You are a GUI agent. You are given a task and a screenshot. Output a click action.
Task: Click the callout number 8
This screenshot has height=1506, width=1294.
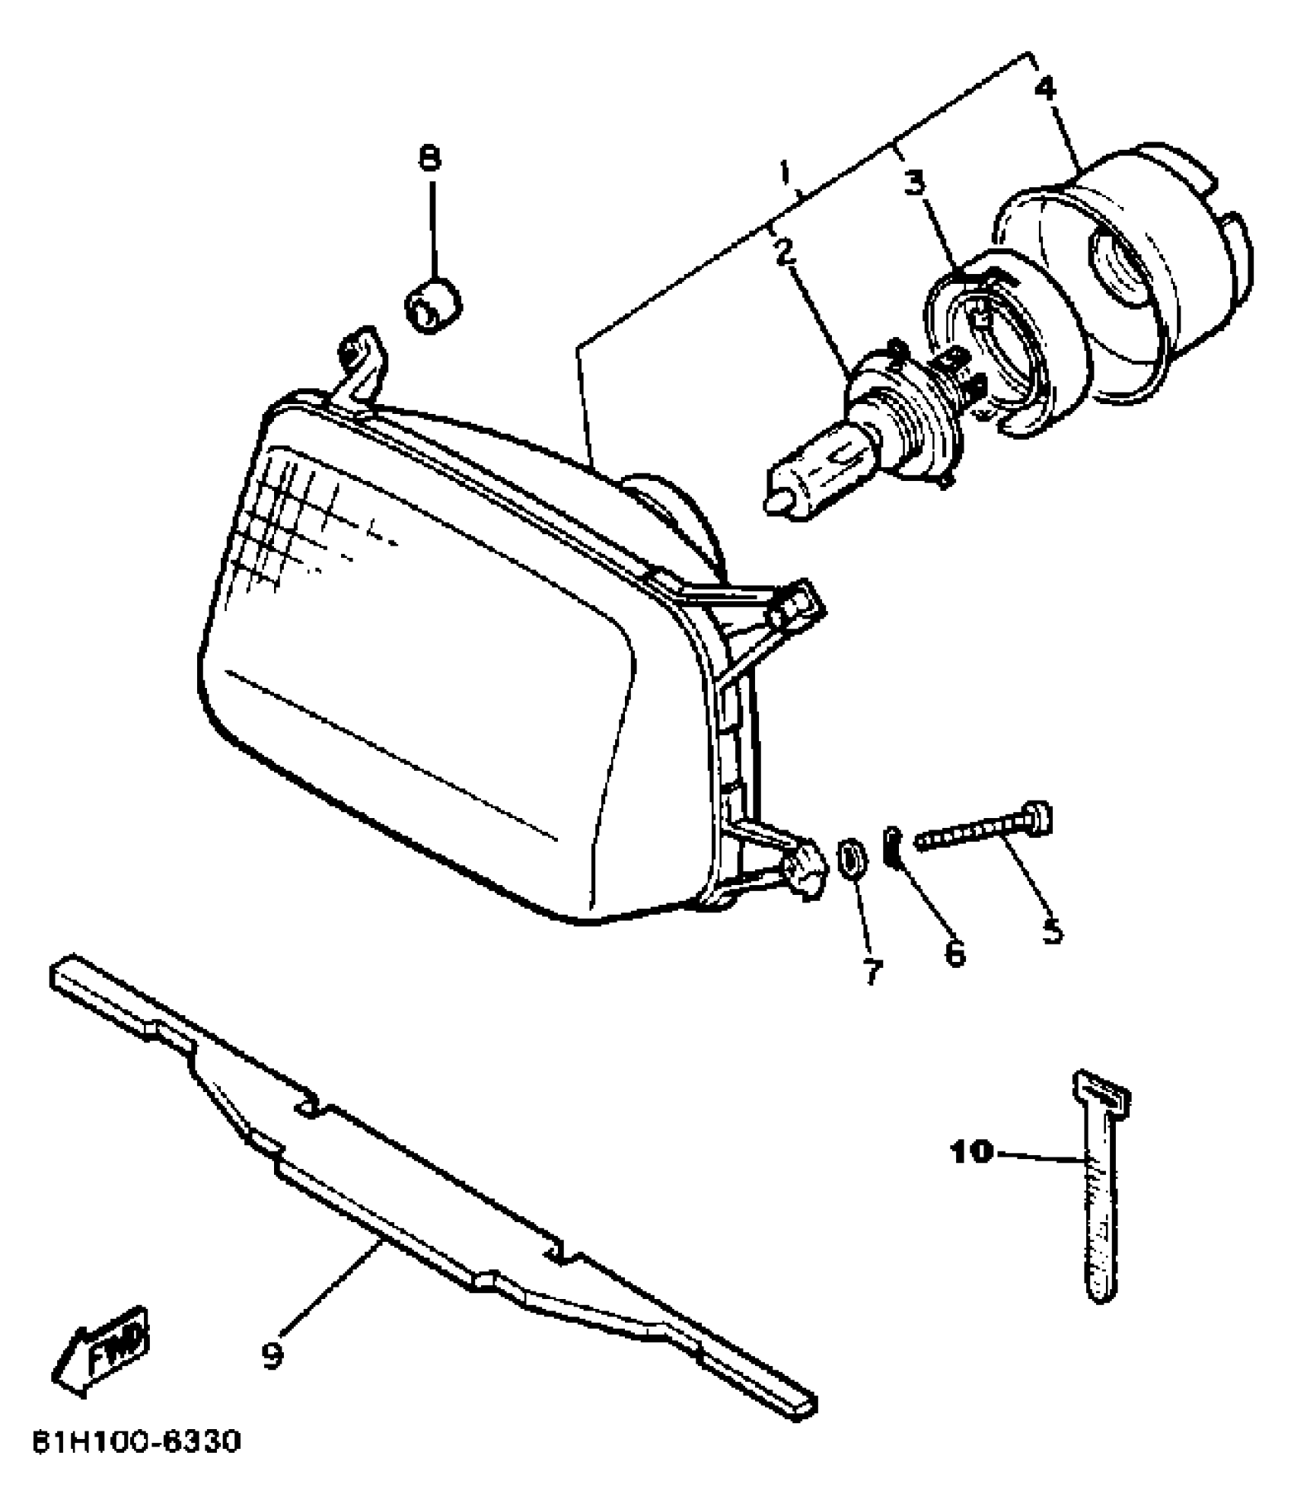pos(430,159)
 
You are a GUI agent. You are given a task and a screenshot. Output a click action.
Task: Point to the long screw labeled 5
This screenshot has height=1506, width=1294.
pos(982,826)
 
